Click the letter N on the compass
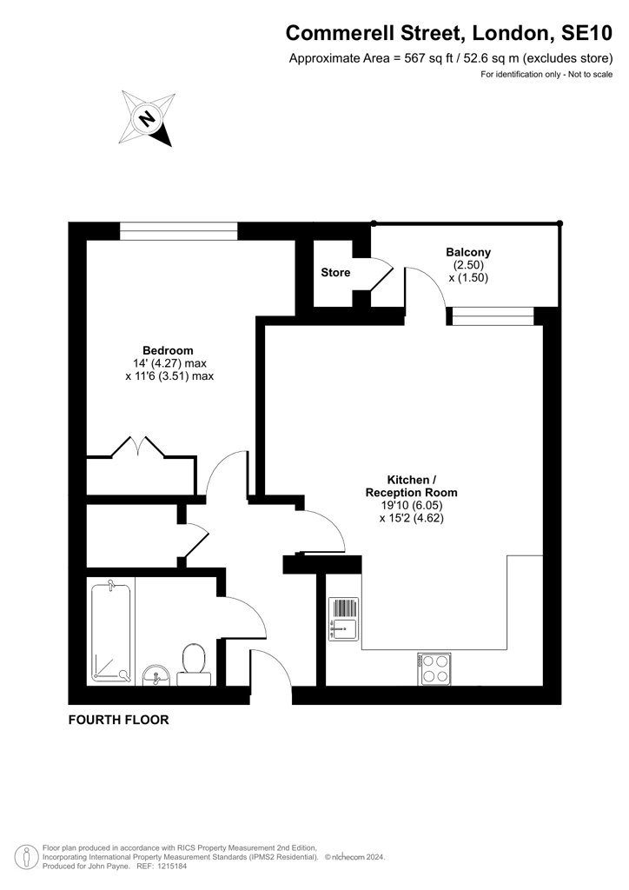pos(147,118)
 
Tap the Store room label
pos(335,272)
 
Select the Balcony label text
pos(468,252)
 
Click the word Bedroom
pos(168,350)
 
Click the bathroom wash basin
pos(156,674)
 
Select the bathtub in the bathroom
pos(111,633)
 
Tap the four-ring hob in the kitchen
pos(434,668)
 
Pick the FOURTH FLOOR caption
pos(118,720)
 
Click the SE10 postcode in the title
pos(586,34)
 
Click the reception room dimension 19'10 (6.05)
pos(412,505)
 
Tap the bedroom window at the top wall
pos(179,231)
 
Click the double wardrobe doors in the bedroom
pos(138,447)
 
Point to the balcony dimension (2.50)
pos(468,265)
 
